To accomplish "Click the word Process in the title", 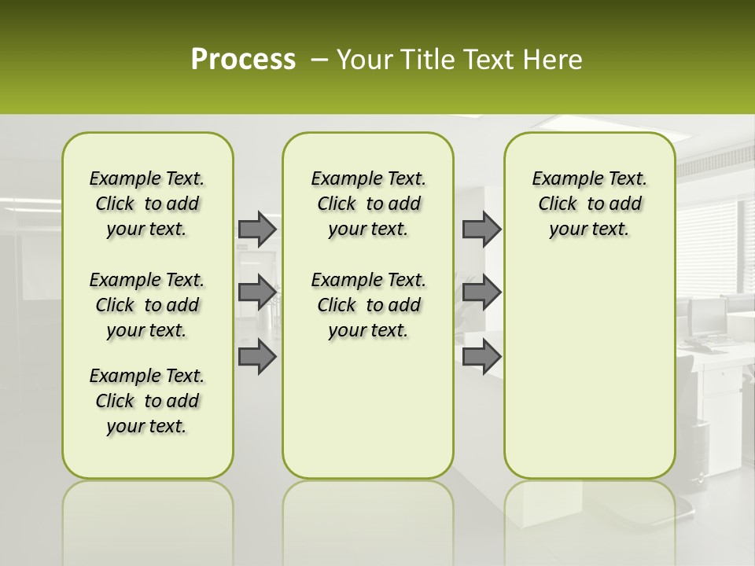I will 243,60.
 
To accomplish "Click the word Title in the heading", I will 425,60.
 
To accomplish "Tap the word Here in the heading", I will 553,60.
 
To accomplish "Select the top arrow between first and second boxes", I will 257,229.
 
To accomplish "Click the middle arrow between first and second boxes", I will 257,292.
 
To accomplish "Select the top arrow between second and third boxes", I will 481,229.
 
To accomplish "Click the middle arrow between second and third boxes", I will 481,292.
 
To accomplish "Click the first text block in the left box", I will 147,204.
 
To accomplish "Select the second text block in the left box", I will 147,305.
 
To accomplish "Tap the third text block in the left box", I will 147,401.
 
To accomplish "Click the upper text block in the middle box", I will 368,204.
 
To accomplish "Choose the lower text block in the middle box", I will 368,305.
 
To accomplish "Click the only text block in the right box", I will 589,204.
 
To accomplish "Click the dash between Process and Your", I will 319,61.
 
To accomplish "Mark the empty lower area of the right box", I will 589,369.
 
